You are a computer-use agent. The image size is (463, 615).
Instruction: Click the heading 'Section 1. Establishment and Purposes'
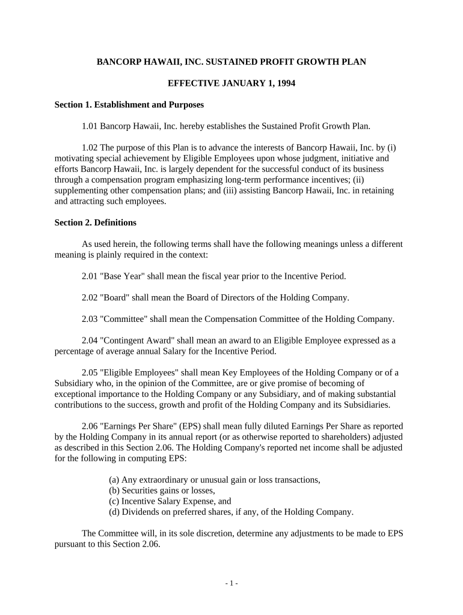[129, 105]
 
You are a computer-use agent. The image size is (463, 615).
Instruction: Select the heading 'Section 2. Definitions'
[96, 222]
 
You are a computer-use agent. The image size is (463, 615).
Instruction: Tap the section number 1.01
[90, 126]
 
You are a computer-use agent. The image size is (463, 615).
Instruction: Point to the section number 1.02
[90, 147]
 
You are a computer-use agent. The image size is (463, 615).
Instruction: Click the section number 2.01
[90, 276]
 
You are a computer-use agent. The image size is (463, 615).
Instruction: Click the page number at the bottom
[231, 583]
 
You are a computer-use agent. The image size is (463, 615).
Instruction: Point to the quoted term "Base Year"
[121, 276]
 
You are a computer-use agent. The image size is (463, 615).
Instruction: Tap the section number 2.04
[90, 340]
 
